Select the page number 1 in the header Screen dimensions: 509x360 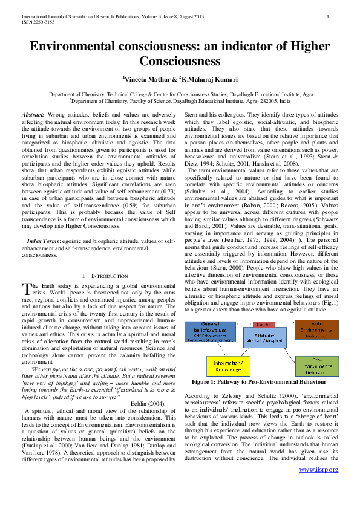coord(327,16)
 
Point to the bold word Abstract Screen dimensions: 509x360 coord(33,114)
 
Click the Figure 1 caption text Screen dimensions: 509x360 coord(259,382)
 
